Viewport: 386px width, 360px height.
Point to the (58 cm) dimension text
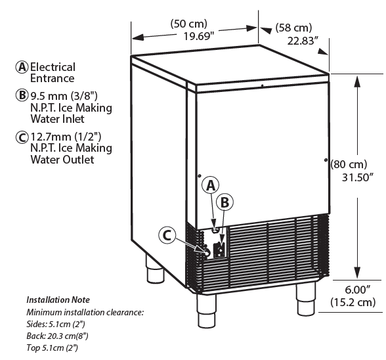click(x=293, y=28)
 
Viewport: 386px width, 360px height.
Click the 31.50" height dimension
click(x=358, y=177)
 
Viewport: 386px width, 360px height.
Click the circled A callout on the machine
click(x=210, y=185)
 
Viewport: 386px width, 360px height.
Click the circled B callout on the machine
click(x=223, y=202)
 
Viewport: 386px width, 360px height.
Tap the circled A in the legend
click(x=22, y=67)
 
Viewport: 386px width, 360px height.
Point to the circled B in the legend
click(x=22, y=96)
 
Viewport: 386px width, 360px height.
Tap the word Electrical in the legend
click(x=53, y=67)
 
